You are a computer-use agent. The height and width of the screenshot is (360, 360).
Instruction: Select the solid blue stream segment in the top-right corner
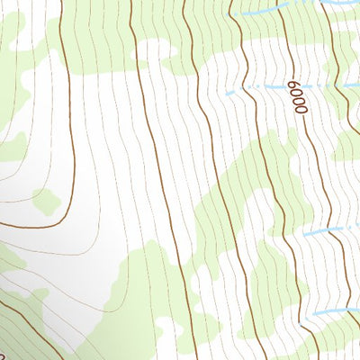click(x=342, y=4)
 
